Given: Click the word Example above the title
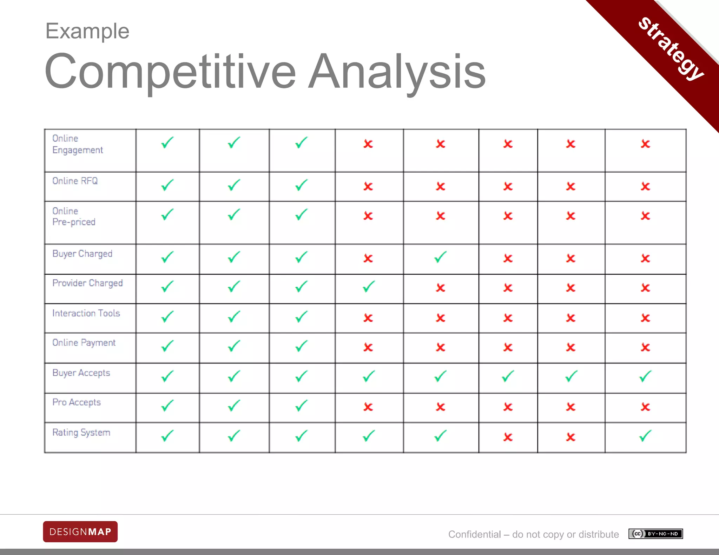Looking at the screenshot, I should [87, 31].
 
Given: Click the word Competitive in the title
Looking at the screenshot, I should [170, 72].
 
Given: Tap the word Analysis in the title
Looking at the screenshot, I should [397, 72].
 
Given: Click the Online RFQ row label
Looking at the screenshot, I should [75, 181].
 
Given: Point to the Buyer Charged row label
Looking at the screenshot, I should [82, 254].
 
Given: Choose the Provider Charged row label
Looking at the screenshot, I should [87, 283].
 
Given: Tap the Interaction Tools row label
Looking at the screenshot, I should [86, 313].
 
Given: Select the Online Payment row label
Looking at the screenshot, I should [84, 343].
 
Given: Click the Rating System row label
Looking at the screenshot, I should [81, 433].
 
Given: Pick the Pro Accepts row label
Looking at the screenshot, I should [77, 402].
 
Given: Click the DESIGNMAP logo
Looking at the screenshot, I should [80, 532].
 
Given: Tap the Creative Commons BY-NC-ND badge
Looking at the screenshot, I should [655, 534].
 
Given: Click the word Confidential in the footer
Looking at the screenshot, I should [474, 534].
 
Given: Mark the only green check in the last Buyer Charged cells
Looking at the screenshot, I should [440, 257].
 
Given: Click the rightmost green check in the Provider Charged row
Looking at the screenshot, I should [369, 287].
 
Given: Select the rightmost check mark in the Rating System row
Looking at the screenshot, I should [645, 436].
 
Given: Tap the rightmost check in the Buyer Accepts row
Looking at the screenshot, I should [645, 376].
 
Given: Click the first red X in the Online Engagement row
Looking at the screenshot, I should [368, 144].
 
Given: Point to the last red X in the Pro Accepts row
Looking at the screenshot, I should [645, 407].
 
